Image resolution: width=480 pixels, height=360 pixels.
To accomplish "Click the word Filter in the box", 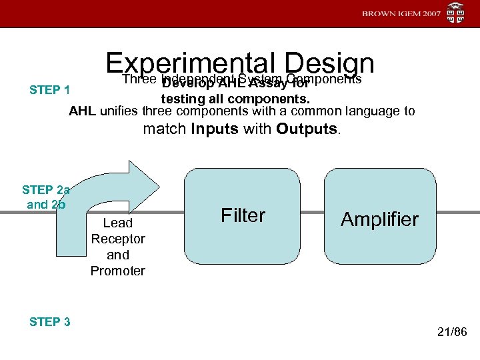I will [243, 215].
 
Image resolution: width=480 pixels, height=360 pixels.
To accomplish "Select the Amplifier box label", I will [379, 219].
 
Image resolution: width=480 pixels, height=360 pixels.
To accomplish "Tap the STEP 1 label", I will [50, 90].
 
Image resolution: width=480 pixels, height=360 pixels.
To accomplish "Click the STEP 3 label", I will [50, 322].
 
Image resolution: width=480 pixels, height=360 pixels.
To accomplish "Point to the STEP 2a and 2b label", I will [46, 197].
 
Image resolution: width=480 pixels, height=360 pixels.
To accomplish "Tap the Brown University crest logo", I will [456, 13].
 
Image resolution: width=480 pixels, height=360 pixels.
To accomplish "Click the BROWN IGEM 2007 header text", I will [401, 14].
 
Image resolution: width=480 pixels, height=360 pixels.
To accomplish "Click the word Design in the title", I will [328, 65].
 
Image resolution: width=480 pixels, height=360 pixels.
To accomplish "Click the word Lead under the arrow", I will [118, 223].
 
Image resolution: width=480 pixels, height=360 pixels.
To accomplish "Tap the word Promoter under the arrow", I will [118, 271].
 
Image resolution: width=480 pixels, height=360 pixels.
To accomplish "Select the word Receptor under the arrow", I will [118, 239].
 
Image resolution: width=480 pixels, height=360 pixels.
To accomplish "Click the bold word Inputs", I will [215, 129].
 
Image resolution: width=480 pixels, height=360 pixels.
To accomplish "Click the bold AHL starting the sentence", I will [83, 111].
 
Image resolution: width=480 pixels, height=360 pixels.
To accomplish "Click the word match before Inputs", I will [165, 129].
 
